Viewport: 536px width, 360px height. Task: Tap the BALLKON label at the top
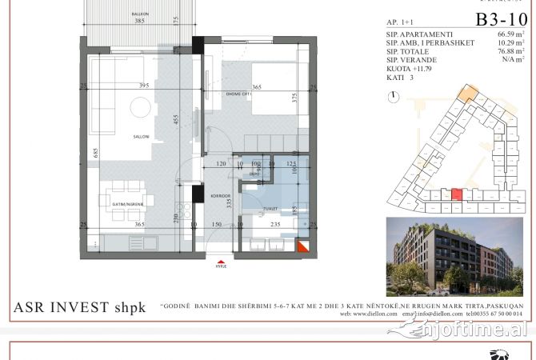point(141,14)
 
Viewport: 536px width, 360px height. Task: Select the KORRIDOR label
point(221,195)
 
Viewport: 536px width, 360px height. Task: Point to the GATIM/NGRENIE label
point(123,205)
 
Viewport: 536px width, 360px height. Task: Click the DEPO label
point(254,174)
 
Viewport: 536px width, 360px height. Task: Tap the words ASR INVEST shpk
point(80,307)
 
